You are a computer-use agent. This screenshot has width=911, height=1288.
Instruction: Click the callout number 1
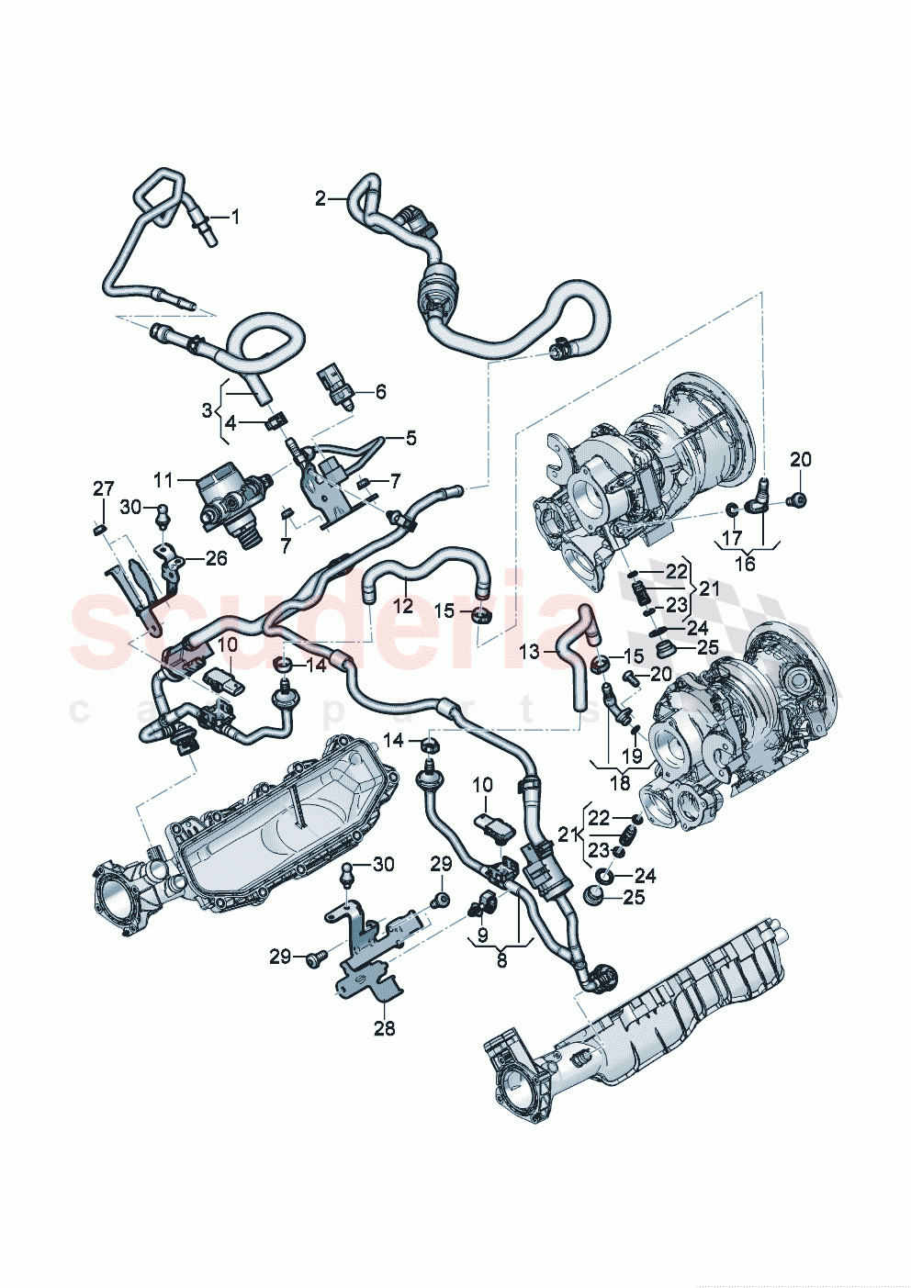(x=235, y=218)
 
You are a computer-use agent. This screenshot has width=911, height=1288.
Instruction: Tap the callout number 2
(x=320, y=198)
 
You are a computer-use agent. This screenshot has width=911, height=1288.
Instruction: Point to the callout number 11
(x=163, y=480)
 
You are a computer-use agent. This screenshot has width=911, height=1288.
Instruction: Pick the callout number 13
(x=530, y=652)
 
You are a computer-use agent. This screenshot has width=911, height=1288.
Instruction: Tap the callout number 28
(x=384, y=1029)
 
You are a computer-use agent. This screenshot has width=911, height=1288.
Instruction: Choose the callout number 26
(x=216, y=558)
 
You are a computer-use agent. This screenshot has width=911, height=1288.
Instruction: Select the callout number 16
(x=745, y=563)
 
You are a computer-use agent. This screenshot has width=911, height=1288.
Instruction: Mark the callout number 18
(x=621, y=783)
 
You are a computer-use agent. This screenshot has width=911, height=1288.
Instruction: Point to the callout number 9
(x=482, y=935)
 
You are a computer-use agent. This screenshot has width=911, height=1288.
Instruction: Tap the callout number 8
(x=501, y=961)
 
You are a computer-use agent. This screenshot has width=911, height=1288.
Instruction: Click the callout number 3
(x=207, y=410)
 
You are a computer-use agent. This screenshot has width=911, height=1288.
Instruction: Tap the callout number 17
(x=731, y=537)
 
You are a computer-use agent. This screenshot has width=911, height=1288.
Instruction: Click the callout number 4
(x=231, y=423)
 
